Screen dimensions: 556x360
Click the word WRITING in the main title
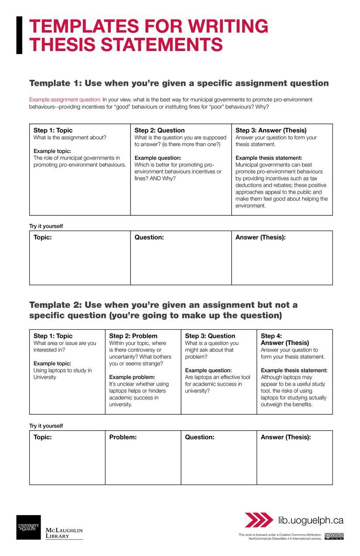point(228,27)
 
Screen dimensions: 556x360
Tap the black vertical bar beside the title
point(19,35)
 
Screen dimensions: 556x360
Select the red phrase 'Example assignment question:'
point(65,99)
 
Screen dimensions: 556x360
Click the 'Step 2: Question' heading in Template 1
point(159,130)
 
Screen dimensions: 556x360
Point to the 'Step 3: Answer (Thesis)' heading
point(271,130)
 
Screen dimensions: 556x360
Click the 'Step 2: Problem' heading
point(133,336)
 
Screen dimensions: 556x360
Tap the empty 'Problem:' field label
point(123,437)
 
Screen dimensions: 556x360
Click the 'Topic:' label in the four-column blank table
point(42,437)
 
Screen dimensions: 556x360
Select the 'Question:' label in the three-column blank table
point(149,238)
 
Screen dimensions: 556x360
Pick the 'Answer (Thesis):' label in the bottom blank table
point(285,437)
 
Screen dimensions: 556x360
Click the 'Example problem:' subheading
point(132,377)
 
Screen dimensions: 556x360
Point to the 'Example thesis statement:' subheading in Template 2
point(294,371)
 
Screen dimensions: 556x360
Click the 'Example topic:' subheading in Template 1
point(52,151)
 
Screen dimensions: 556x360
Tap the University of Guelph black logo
point(28,527)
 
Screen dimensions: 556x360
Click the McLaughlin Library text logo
point(64,533)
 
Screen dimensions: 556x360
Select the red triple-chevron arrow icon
point(259,520)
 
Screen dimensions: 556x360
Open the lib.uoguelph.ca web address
point(311,520)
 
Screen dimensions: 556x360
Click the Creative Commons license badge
point(334,536)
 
